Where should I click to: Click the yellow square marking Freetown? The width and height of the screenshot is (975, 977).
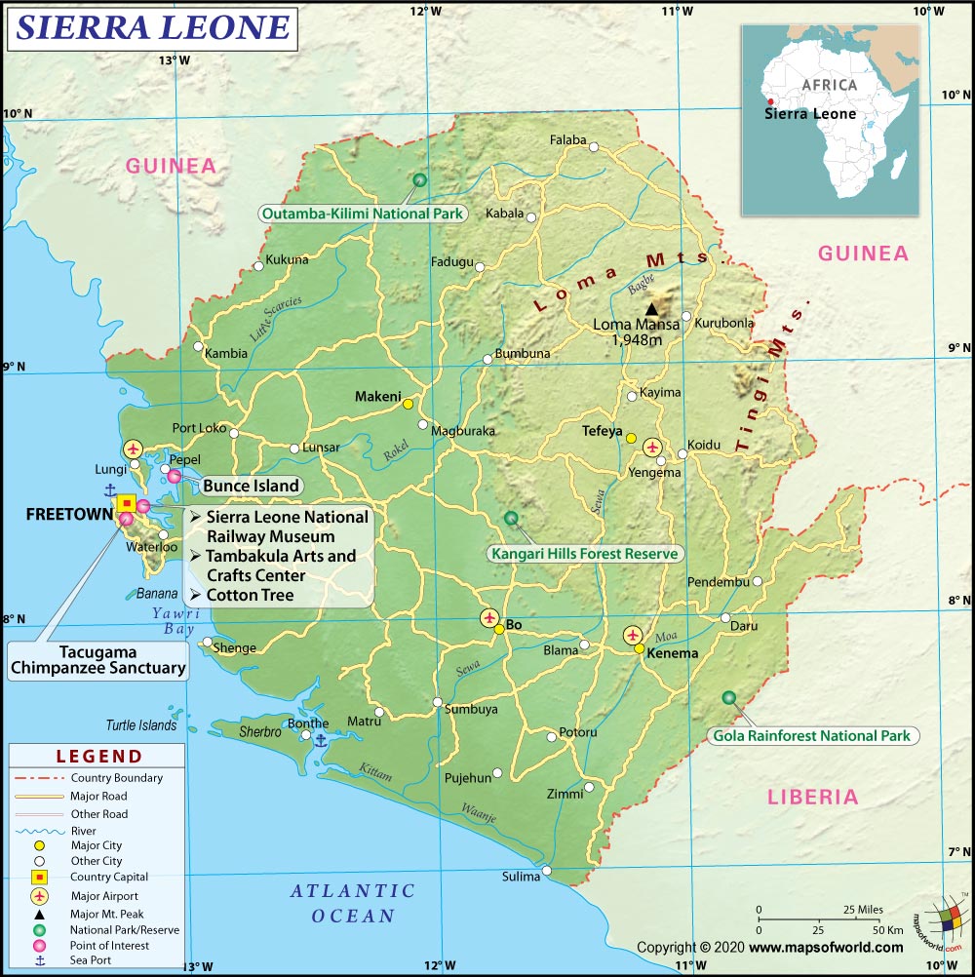coord(127,503)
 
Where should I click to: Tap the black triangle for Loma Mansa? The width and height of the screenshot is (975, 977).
coord(651,308)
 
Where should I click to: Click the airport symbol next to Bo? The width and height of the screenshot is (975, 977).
coord(489,617)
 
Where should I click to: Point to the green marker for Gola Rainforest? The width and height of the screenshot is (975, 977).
coord(729,697)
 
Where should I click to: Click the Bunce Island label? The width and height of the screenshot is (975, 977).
coord(252,486)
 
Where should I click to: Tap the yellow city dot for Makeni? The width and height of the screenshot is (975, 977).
coord(408,403)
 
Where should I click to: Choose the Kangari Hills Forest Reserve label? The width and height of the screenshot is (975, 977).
coord(584,554)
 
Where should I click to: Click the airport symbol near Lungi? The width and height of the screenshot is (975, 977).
coord(133,449)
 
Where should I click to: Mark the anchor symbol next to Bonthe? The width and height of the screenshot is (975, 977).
coord(320,740)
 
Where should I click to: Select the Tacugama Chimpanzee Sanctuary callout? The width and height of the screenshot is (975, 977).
coord(97,660)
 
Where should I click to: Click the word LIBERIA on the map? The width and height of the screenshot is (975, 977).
coord(813,797)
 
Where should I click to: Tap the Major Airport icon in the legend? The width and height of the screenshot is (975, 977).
coord(39,896)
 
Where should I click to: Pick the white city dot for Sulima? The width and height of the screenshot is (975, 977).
coord(547,871)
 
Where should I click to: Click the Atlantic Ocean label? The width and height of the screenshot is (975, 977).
coord(353,903)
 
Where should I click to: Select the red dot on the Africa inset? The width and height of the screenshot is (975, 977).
coord(770,101)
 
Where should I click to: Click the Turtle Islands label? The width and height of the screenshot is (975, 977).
coord(141,725)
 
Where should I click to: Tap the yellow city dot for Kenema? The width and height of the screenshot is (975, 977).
coord(639,648)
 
